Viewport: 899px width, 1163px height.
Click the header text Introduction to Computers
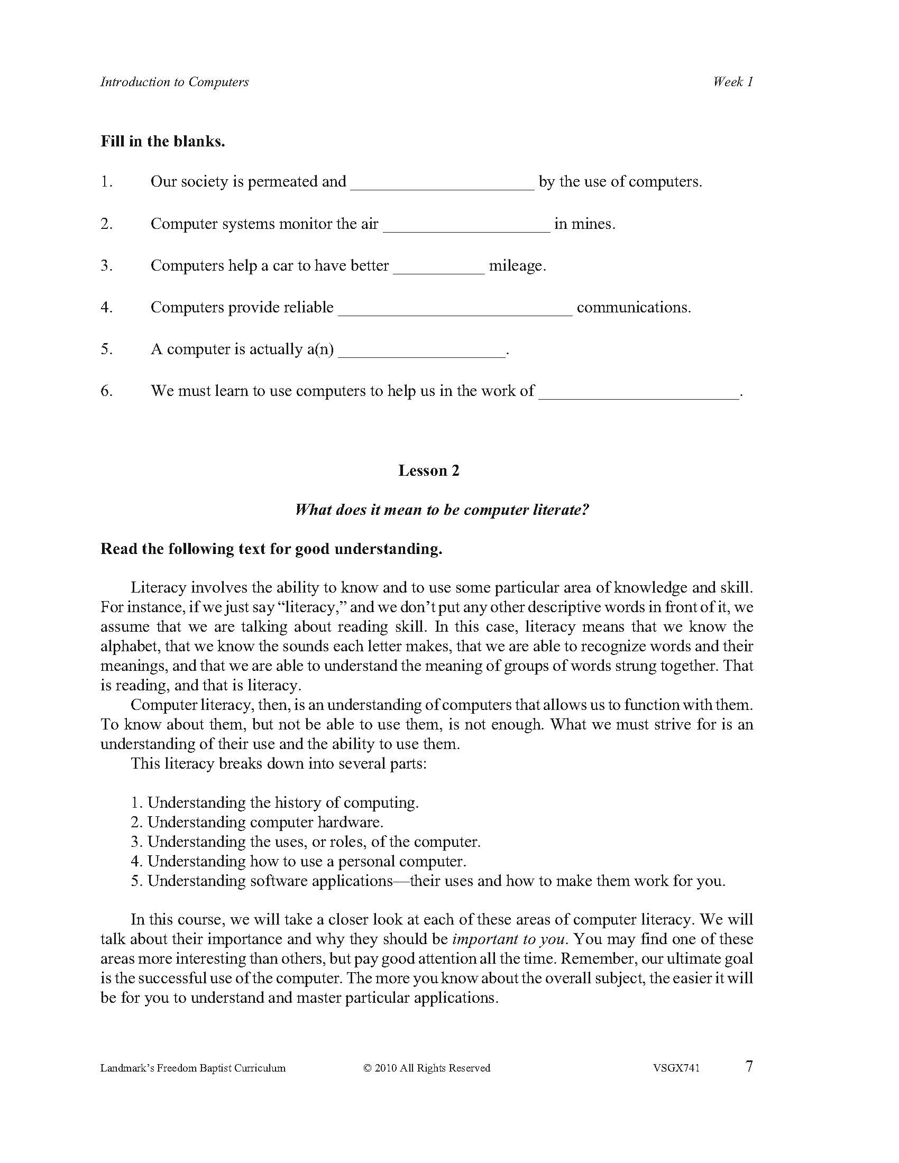coord(174,82)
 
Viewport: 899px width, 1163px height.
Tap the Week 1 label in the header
coord(733,81)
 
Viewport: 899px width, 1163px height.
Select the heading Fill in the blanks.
coord(162,141)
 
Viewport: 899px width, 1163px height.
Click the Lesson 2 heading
coord(429,470)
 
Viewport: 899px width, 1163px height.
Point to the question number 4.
coord(106,307)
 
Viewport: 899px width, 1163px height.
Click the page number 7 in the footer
coord(749,1067)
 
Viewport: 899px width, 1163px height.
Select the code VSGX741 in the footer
coord(675,1068)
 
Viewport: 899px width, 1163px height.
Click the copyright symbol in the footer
coord(367,1068)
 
